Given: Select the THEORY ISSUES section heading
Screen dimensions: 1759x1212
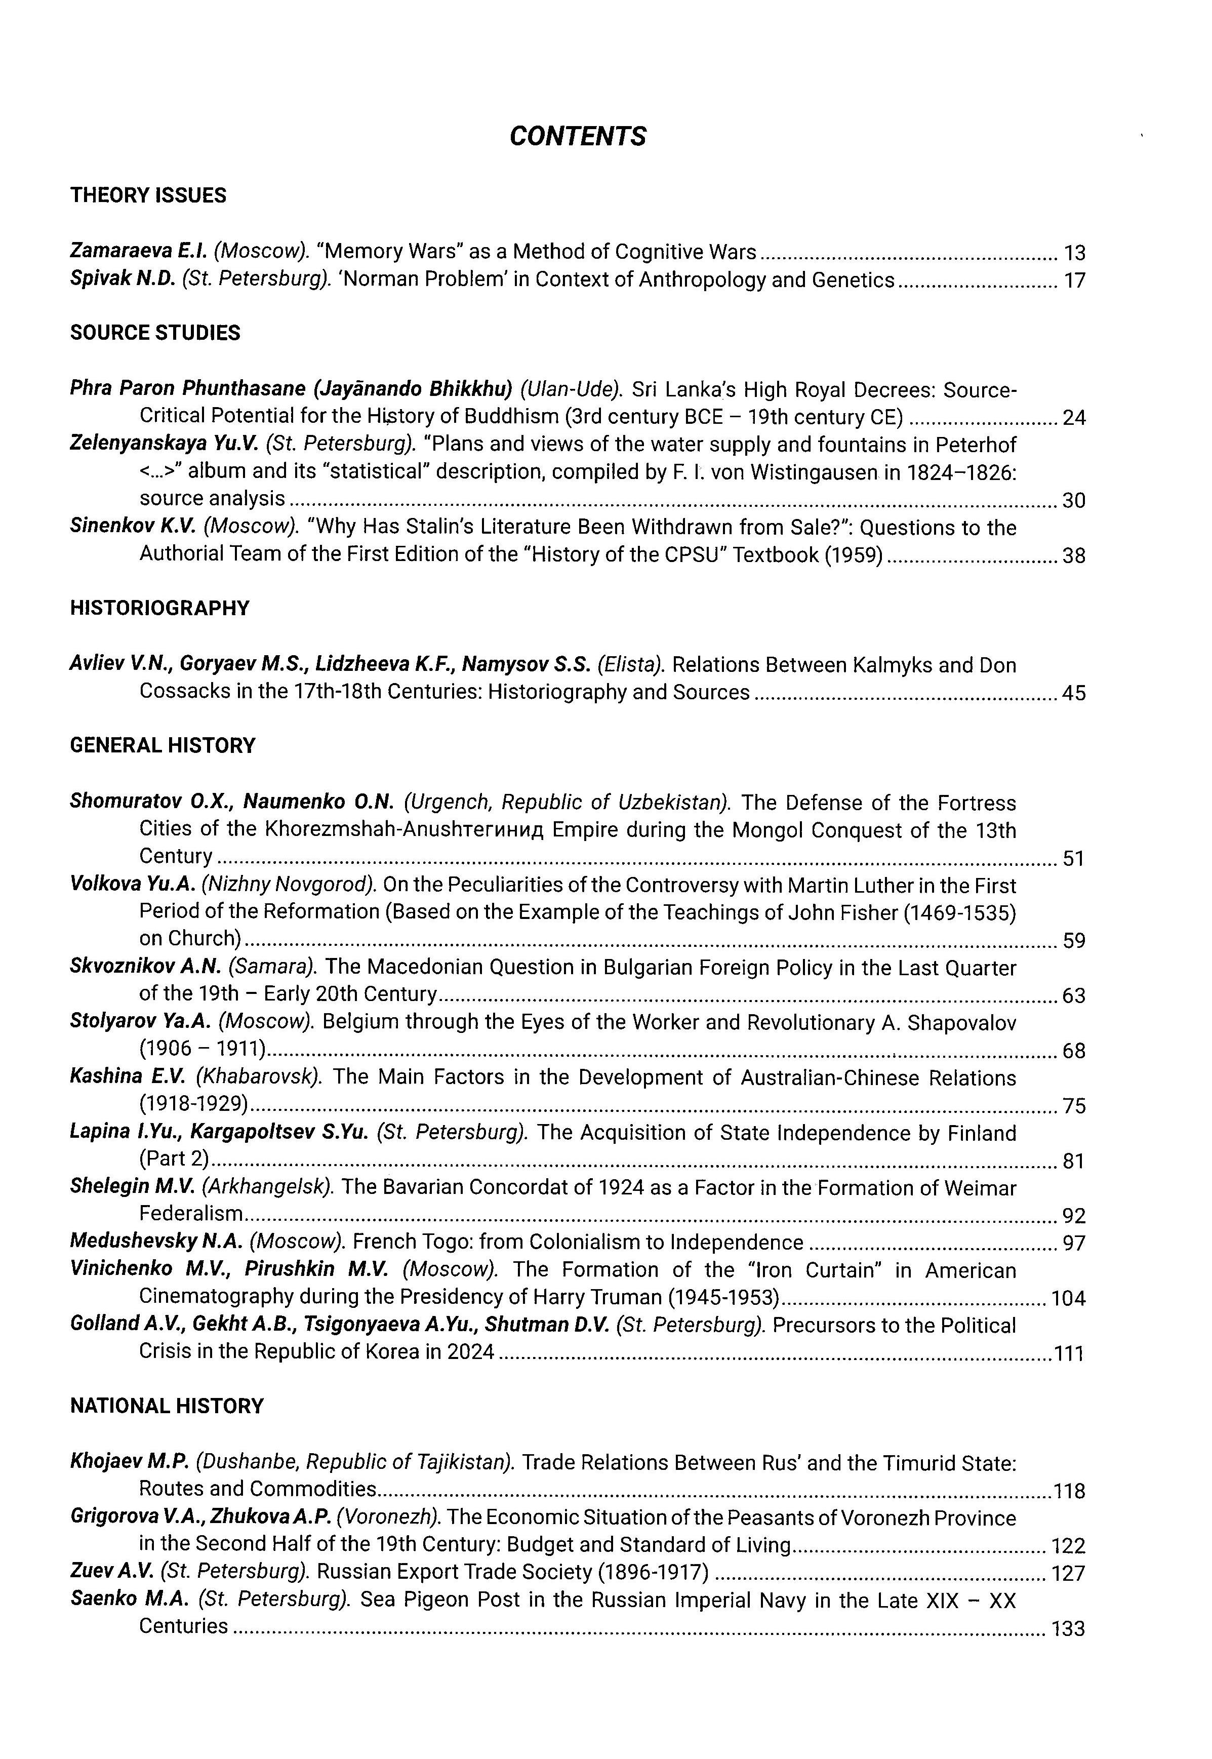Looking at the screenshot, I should click(x=148, y=195).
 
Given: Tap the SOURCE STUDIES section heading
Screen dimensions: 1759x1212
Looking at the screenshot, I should click(x=155, y=333).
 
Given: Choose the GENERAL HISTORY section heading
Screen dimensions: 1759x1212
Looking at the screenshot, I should click(x=163, y=745).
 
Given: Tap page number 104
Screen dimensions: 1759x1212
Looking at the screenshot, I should click(x=1068, y=1298).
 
